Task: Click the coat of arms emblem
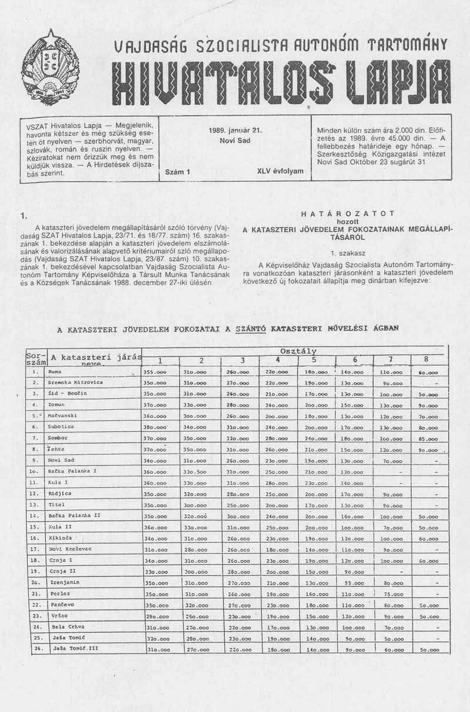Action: [50, 68]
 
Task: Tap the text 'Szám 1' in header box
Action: [178, 172]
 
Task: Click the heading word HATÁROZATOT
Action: [348, 214]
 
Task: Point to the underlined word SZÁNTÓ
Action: [251, 329]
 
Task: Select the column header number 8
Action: [426, 360]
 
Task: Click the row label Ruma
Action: [55, 372]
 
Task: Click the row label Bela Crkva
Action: [65, 626]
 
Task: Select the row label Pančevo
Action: [61, 604]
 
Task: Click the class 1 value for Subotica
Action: [155, 427]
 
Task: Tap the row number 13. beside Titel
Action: [35, 504]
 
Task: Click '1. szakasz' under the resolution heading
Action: [348, 253]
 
